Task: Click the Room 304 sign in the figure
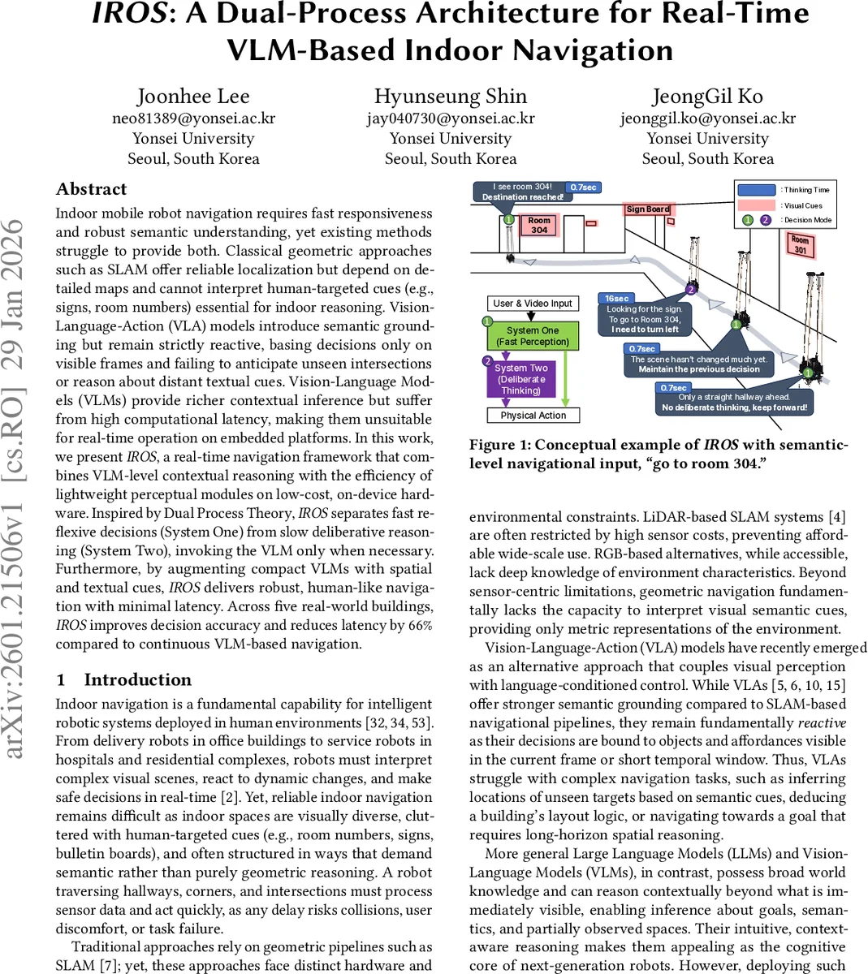pos(538,225)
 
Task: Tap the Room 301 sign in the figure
pos(800,244)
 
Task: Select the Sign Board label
pos(647,209)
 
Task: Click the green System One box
pos(533,336)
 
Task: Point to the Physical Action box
pos(533,415)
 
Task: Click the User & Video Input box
pos(533,304)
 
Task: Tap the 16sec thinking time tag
pos(616,299)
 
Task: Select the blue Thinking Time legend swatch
pos(756,190)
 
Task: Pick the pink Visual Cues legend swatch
pos(756,205)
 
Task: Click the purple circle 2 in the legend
pos(766,220)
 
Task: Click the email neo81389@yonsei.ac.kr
pos(193,119)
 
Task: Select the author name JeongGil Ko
pos(707,97)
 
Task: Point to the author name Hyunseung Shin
pos(450,97)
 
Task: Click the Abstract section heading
pos(92,189)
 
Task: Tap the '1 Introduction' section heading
pos(123,679)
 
